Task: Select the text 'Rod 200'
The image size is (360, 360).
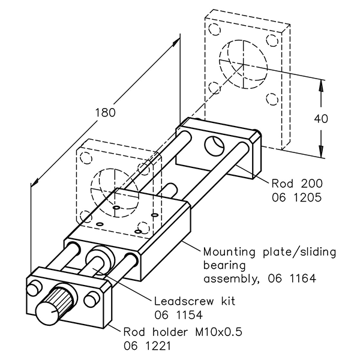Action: pos(292,183)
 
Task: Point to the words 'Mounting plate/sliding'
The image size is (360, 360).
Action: pos(269,251)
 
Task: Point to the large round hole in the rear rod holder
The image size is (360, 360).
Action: pos(214,145)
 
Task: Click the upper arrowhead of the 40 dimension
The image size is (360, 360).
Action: pos(322,83)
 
